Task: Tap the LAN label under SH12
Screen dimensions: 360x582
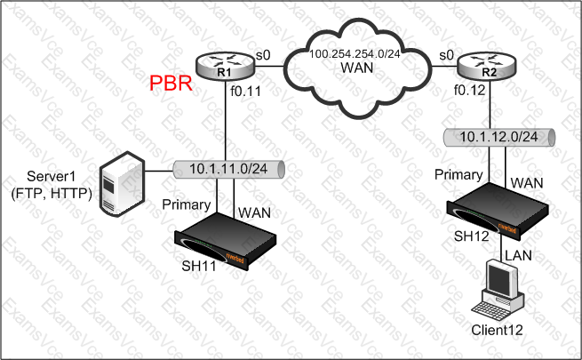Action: tap(522, 255)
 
